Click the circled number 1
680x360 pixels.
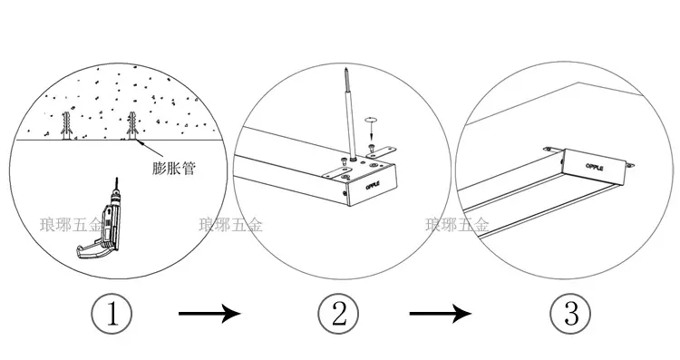(x=112, y=313)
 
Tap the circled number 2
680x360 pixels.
(x=339, y=313)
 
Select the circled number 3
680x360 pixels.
(x=570, y=313)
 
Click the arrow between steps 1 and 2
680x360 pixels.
(x=209, y=313)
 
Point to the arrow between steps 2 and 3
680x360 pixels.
(x=441, y=313)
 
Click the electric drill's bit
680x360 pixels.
(x=116, y=184)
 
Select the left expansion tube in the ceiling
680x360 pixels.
(x=66, y=125)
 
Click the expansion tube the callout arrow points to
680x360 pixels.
(x=131, y=125)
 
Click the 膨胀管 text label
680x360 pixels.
(x=174, y=169)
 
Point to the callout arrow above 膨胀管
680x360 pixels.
(x=150, y=148)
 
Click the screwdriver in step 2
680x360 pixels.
(x=350, y=115)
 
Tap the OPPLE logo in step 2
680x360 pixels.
(x=373, y=185)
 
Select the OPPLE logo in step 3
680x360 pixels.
(x=595, y=167)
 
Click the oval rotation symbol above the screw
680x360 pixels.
(x=370, y=119)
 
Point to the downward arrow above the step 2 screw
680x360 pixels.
(x=370, y=130)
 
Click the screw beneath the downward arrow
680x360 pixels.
(x=371, y=148)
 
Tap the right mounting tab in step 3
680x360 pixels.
(x=630, y=165)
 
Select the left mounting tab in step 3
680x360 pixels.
(x=554, y=150)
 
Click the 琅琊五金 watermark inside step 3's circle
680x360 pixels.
(x=457, y=225)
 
